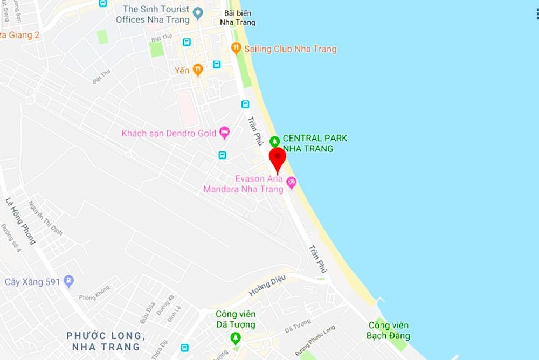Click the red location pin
(x=277, y=157)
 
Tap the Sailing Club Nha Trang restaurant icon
(x=236, y=49)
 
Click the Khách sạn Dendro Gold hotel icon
(x=224, y=133)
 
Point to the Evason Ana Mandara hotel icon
(x=292, y=183)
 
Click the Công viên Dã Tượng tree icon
(x=235, y=338)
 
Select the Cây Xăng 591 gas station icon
(x=68, y=281)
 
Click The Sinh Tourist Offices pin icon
(x=198, y=12)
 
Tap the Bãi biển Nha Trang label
(x=238, y=18)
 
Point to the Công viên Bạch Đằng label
(x=388, y=330)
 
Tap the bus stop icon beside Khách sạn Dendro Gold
(x=222, y=155)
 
